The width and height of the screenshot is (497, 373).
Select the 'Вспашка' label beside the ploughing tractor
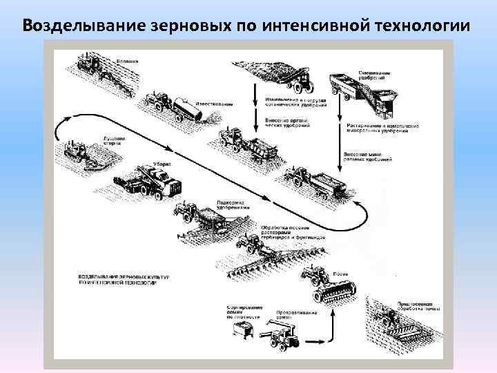coord(126,61)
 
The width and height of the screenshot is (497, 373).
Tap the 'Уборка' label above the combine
coord(164,164)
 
